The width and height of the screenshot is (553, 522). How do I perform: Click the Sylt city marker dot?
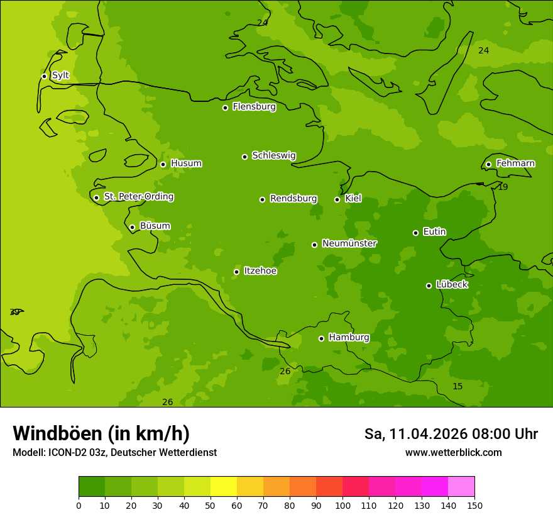pos(44,76)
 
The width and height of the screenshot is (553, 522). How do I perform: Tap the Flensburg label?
pos(254,107)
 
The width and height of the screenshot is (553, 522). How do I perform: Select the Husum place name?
pos(186,164)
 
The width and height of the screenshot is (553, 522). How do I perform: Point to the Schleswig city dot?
pos(244,157)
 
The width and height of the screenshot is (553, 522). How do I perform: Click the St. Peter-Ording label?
pos(138,197)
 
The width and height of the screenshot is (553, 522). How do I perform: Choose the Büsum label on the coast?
pos(155,226)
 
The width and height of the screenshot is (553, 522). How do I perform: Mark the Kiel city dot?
pos(337,199)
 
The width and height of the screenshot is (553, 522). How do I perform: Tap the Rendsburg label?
pos(293,199)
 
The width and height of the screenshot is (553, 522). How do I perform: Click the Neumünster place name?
pos(349,243)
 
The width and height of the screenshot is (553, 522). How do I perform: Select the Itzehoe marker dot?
pos(236,272)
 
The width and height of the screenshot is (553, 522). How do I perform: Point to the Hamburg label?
pos(349,338)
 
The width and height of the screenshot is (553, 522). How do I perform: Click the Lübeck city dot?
pos(429,286)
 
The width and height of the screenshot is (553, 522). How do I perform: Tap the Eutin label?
pos(434,232)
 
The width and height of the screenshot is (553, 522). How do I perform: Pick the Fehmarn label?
pos(515,164)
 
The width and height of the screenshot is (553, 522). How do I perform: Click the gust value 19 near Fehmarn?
pos(503,187)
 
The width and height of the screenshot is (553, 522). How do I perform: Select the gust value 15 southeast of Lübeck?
pos(457,386)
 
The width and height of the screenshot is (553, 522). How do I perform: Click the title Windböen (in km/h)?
pos(101,433)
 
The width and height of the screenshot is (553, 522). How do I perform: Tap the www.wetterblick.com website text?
pos(453,452)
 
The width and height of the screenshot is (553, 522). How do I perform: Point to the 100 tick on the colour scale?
pos(342,505)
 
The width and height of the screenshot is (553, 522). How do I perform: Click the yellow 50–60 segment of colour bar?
pos(224,486)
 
